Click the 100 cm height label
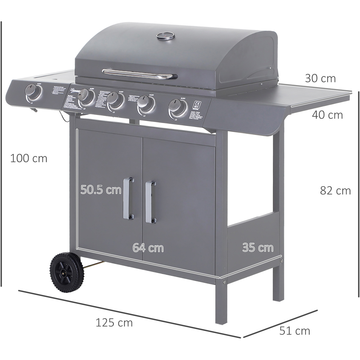point(28,158)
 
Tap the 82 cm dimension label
point(335,190)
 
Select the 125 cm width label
point(114,323)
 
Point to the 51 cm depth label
point(295,330)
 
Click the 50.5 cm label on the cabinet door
point(101,190)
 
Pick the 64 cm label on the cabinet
point(148,248)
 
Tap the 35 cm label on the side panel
point(257,248)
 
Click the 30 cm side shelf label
point(320,78)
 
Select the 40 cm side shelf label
point(327,115)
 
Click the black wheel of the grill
point(67,272)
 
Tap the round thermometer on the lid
point(166,36)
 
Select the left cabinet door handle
point(128,198)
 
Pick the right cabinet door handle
point(150,202)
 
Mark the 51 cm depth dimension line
point(281,323)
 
